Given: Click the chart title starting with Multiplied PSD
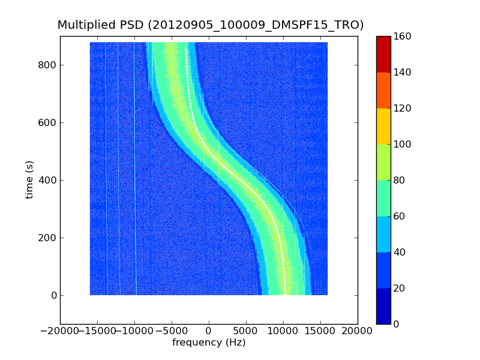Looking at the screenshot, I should (x=210, y=25).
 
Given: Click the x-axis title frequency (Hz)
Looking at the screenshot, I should (x=209, y=343).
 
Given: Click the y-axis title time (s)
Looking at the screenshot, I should (x=29, y=179).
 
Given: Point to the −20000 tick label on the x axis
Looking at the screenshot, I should (x=58, y=331).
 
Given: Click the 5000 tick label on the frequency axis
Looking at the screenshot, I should (x=246, y=331).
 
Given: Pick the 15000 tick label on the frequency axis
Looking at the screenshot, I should (x=320, y=331).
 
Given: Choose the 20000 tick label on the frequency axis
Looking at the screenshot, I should (x=358, y=331).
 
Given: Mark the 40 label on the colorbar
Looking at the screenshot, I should (x=401, y=252).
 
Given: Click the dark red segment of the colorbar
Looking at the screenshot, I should (x=383, y=54).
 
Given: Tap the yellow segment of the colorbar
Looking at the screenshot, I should (x=383, y=126).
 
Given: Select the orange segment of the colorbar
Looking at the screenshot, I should (x=383, y=90).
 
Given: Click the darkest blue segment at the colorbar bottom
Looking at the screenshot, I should (x=383, y=306).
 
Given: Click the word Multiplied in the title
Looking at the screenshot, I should (x=82, y=25).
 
